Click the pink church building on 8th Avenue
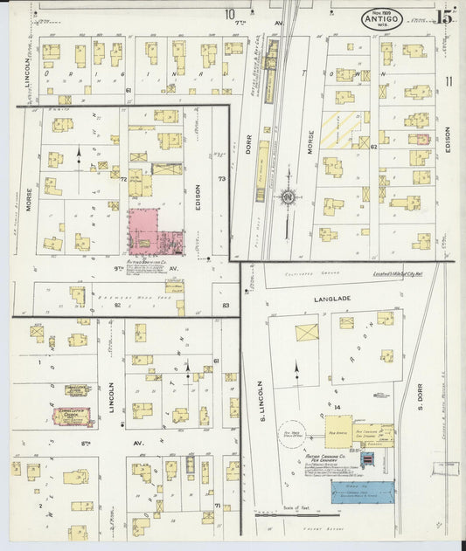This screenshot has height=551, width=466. tap(73, 417)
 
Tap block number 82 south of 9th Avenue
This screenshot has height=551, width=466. tap(115, 306)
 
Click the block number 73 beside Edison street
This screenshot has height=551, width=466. tap(222, 178)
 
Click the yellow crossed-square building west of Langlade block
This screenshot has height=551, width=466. tap(307, 333)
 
